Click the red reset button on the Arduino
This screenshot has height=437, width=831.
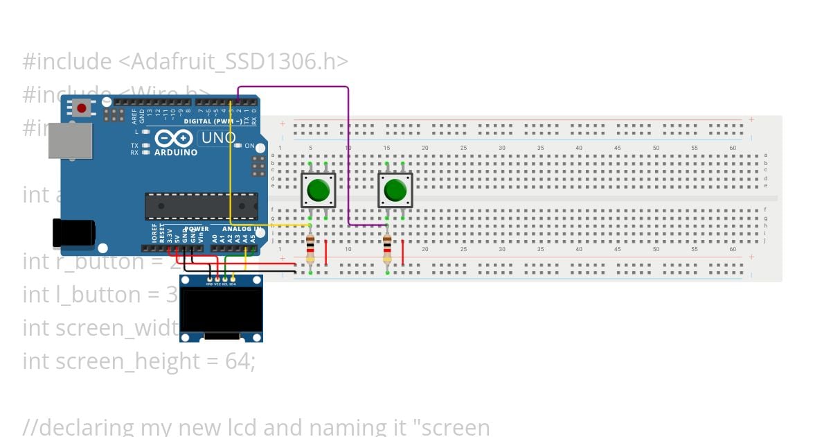tap(82, 108)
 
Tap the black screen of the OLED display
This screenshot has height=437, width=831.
tap(221, 309)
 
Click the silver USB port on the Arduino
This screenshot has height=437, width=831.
tap(70, 141)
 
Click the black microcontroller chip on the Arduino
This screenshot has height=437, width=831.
tap(201, 206)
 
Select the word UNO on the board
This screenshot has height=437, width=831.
tap(218, 138)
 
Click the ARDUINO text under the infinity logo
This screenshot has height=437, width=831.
tap(176, 152)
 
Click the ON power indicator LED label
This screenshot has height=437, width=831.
tap(250, 146)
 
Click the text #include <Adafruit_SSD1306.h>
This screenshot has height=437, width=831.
tap(185, 62)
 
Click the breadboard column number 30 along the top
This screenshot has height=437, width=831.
tap(502, 148)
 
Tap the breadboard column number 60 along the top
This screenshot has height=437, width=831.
tap(733, 148)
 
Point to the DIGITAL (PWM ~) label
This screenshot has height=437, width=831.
tap(208, 121)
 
